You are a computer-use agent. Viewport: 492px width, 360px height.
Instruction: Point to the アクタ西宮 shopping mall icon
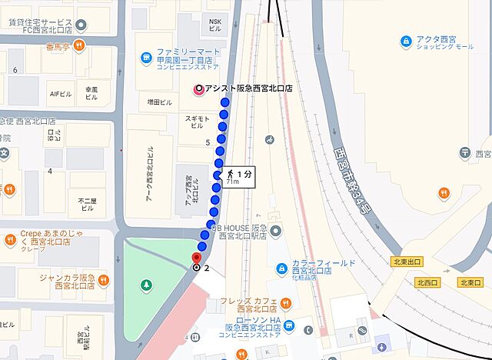click(x=406, y=40)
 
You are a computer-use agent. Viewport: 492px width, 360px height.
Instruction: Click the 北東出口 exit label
click(x=407, y=262)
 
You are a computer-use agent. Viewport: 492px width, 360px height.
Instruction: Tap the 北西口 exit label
click(x=426, y=282)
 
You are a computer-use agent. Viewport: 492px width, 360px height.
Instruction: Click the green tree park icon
click(x=145, y=285)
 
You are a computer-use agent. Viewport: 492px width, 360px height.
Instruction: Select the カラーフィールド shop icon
click(x=282, y=268)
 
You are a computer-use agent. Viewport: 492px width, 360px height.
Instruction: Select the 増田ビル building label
click(x=161, y=100)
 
